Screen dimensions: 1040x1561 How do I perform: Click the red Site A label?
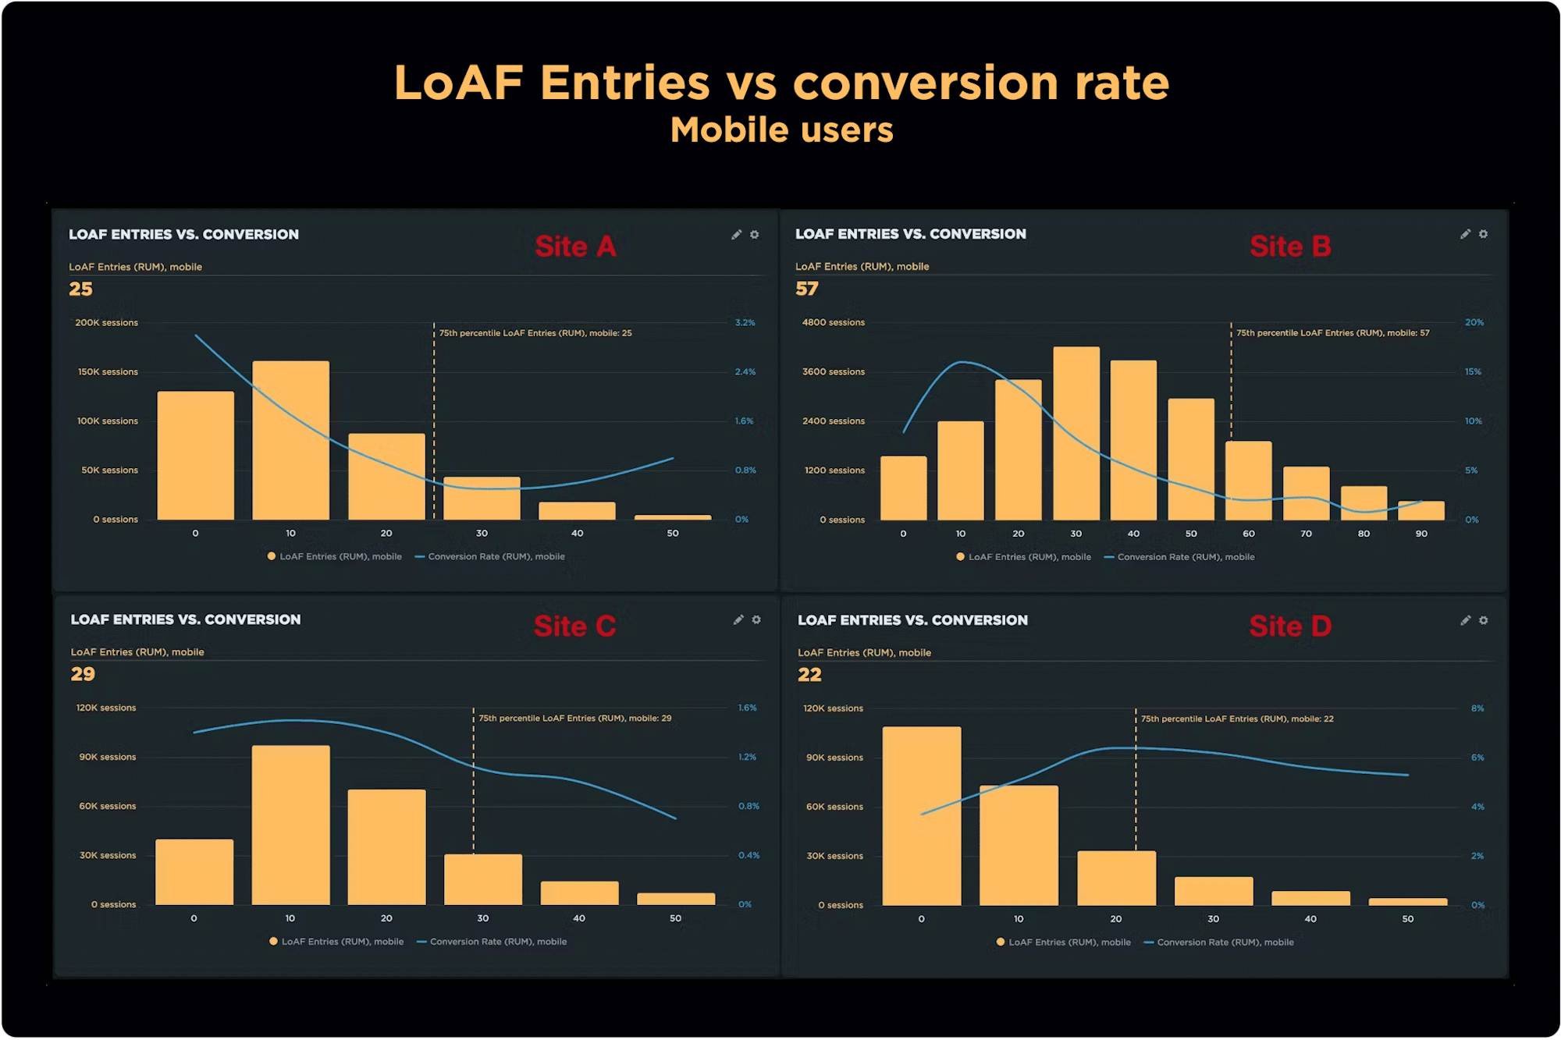pyautogui.click(x=575, y=247)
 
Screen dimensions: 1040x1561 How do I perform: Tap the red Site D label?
pyautogui.click(x=1289, y=626)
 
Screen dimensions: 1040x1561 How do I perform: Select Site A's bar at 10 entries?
pyautogui.click(x=290, y=440)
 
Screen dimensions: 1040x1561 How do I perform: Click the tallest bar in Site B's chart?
pyautogui.click(x=1076, y=433)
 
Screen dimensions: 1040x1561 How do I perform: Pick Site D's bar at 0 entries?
pyautogui.click(x=922, y=815)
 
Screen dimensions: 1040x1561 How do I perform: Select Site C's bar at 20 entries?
pyautogui.click(x=386, y=847)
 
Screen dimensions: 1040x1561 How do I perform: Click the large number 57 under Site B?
pyautogui.click(x=807, y=289)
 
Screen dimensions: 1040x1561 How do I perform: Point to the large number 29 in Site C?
pyautogui.click(x=83, y=674)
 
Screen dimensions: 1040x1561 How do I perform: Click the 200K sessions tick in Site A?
pyautogui.click(x=106, y=322)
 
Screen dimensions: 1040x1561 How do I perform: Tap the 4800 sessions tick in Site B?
pyautogui.click(x=833, y=322)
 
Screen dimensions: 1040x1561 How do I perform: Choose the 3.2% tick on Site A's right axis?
pyautogui.click(x=745, y=322)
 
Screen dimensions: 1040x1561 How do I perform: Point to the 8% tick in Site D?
pyautogui.click(x=1477, y=708)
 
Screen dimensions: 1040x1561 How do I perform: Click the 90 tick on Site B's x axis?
pyautogui.click(x=1421, y=534)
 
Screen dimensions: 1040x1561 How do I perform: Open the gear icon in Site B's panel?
pyautogui.click(x=1483, y=234)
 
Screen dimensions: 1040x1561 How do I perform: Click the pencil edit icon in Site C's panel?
pyautogui.click(x=738, y=619)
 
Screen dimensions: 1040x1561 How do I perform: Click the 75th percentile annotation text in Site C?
pyautogui.click(x=574, y=718)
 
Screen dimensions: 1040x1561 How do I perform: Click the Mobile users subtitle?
pyautogui.click(x=781, y=130)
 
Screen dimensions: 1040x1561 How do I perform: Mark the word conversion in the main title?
pyautogui.click(x=925, y=83)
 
